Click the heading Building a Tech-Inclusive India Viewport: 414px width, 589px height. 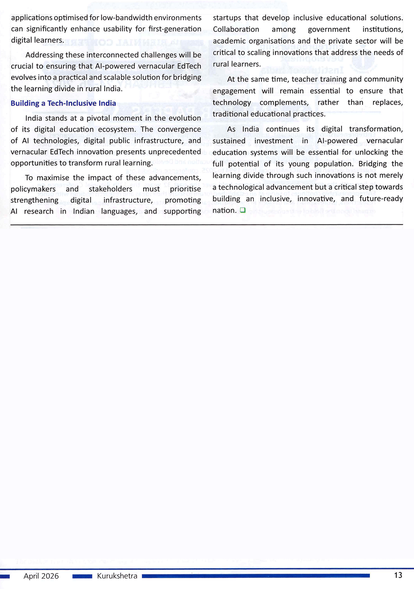coord(63,103)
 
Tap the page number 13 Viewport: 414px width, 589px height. coord(398,575)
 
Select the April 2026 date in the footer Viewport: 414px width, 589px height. coord(41,576)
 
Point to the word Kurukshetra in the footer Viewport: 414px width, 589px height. coord(117,576)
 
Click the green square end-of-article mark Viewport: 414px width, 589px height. coord(243,210)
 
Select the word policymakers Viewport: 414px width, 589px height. coord(33,189)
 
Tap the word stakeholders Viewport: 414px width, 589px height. coord(111,189)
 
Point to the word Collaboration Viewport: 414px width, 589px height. coord(236,29)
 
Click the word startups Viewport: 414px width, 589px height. coord(226,18)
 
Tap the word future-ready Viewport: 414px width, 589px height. coord(381,199)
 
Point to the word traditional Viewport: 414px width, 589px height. coord(231,114)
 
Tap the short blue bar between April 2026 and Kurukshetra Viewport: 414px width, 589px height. coord(82,576)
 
